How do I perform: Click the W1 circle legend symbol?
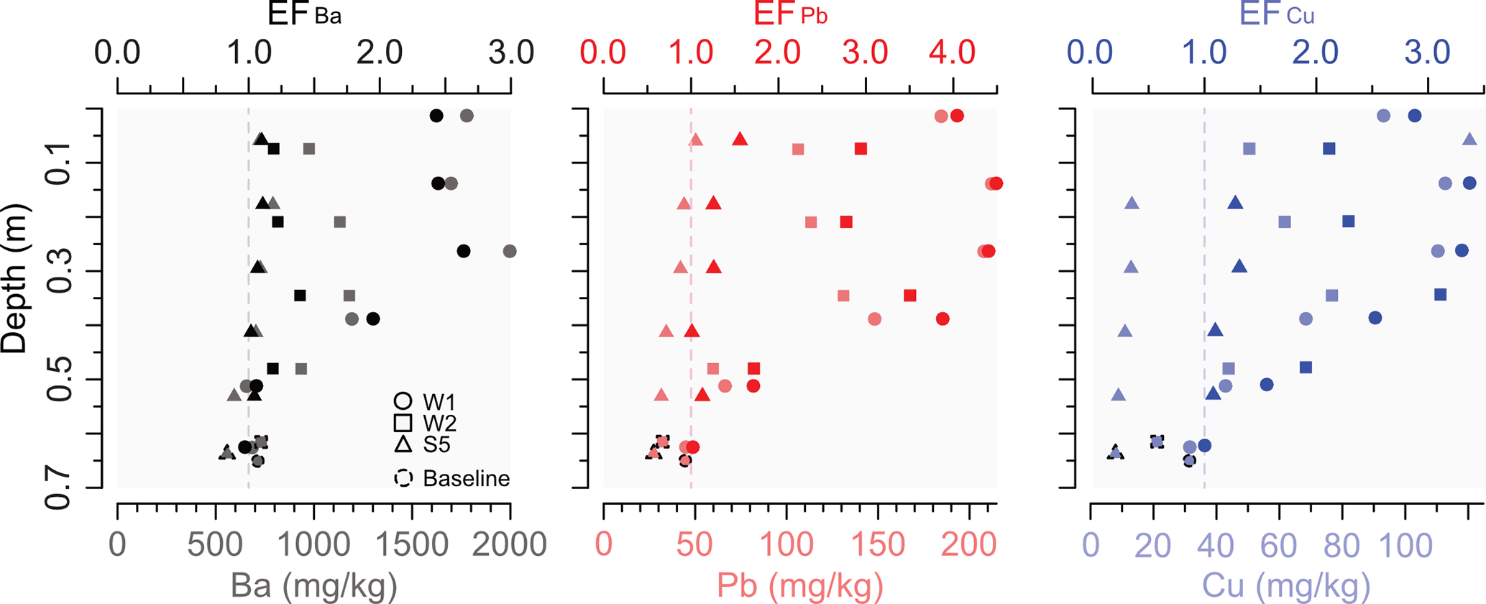pyautogui.click(x=403, y=401)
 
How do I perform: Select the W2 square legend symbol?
pyautogui.click(x=403, y=423)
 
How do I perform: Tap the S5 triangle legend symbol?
pyautogui.click(x=403, y=444)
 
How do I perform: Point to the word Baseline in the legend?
pyautogui.click(x=466, y=478)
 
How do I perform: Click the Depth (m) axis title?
pyautogui.click(x=14, y=278)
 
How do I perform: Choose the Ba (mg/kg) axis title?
pyautogui.click(x=313, y=586)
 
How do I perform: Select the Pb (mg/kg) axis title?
pyautogui.click(x=799, y=586)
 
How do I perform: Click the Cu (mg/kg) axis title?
pyautogui.click(x=1286, y=586)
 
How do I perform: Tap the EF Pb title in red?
pyautogui.click(x=790, y=14)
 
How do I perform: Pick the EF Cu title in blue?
pyautogui.click(x=1276, y=14)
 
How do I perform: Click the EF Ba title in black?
pyautogui.click(x=303, y=14)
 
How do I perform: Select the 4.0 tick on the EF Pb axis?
pyautogui.click(x=952, y=52)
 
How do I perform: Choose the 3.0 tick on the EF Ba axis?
pyautogui.click(x=510, y=52)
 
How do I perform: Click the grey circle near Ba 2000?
pyautogui.click(x=510, y=251)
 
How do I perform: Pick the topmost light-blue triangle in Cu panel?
pyautogui.click(x=1469, y=139)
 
